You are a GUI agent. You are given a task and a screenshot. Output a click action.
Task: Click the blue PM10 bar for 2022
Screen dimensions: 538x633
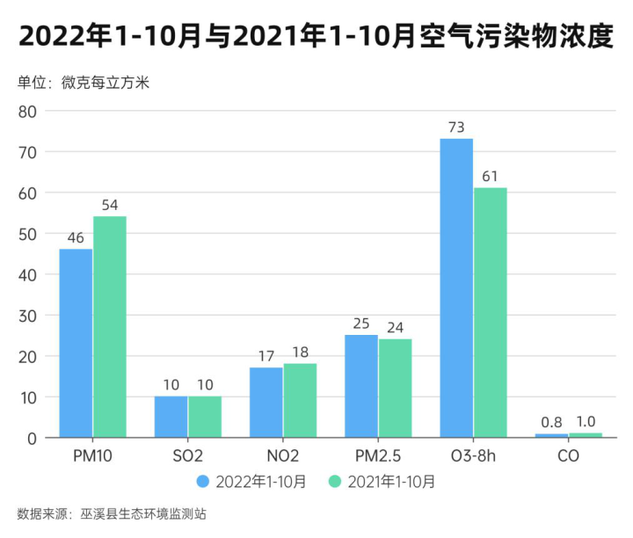click(76, 343)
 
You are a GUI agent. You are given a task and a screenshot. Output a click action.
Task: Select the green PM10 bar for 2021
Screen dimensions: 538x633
click(110, 326)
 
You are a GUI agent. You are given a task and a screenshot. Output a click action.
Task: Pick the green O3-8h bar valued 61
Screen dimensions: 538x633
click(491, 312)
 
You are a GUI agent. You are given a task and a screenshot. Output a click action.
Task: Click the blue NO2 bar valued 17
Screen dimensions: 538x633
click(266, 402)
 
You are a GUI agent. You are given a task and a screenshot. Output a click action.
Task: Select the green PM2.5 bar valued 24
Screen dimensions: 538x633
click(396, 388)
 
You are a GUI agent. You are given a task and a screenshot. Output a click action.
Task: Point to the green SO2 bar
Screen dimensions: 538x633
click(205, 417)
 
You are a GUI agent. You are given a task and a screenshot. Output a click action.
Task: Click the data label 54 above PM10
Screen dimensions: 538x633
click(110, 205)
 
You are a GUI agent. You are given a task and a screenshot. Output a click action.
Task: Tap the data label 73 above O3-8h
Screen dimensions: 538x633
click(456, 127)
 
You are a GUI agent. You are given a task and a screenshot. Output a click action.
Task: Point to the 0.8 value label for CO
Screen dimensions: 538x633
click(551, 422)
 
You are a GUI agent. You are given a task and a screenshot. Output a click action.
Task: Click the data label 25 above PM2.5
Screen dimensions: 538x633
click(361, 324)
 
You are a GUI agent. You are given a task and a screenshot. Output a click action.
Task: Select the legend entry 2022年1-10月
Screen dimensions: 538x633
click(252, 482)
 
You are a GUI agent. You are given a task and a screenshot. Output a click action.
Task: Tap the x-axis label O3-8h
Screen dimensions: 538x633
click(473, 457)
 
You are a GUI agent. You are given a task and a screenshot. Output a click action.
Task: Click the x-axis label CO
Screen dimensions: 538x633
click(568, 457)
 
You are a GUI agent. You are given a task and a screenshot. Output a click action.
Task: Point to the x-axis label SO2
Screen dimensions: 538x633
click(188, 457)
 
